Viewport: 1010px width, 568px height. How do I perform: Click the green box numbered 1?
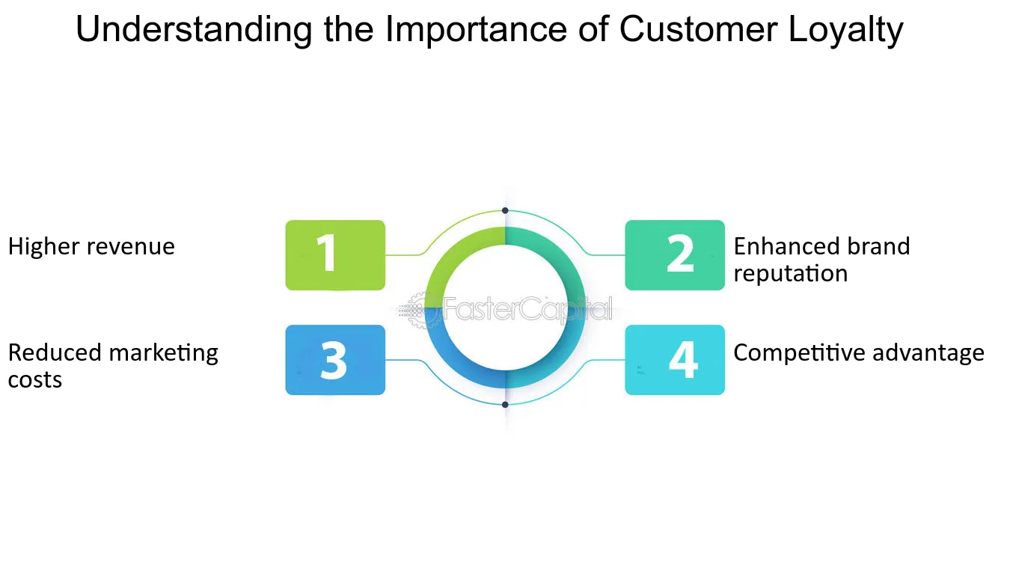coord(335,255)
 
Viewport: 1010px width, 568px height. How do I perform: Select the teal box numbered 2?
coord(675,255)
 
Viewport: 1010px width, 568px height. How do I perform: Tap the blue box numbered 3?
coord(335,360)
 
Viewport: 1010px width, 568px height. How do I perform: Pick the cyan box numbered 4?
coord(675,360)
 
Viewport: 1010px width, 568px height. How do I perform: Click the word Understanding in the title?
coord(194,30)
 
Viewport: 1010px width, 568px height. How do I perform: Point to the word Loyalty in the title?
coord(845,30)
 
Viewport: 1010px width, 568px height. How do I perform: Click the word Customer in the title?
coord(698,29)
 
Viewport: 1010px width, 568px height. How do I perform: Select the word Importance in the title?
coord(476,30)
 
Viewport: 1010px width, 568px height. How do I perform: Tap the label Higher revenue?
coord(91,246)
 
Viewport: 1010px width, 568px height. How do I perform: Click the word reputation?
coord(790,274)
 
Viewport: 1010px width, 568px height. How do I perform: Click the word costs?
coord(34,380)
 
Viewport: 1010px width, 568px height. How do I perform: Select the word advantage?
coord(928,353)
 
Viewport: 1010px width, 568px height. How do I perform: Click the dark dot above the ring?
coord(505,211)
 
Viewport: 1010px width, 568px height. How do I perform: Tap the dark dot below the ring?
coord(505,405)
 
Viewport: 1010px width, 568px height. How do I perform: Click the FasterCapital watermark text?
coord(527,309)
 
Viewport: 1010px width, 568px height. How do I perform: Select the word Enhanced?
coord(785,246)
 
